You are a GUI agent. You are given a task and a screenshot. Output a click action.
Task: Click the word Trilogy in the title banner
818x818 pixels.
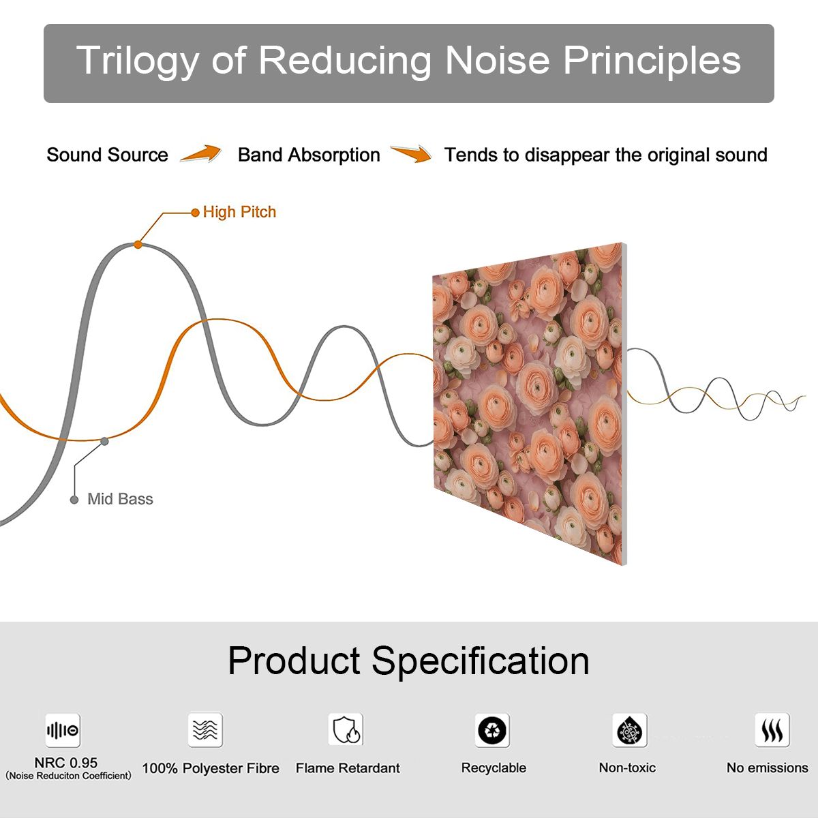click(138, 60)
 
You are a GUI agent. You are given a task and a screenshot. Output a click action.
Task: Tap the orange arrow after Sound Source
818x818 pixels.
click(200, 153)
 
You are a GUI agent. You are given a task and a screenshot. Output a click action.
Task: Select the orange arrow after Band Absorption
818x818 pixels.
click(411, 153)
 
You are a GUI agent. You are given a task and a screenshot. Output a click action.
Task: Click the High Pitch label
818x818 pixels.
click(239, 212)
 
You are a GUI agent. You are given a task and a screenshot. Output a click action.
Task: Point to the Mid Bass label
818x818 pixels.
click(120, 499)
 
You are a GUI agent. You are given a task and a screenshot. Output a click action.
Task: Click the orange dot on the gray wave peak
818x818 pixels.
click(138, 245)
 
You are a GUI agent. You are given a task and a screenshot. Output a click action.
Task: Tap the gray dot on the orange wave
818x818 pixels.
click(104, 442)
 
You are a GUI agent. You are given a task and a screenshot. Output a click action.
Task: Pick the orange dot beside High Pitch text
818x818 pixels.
click(195, 213)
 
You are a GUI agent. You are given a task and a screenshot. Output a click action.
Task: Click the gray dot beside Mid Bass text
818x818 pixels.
click(74, 500)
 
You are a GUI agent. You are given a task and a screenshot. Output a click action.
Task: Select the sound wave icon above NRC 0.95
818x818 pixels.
click(63, 730)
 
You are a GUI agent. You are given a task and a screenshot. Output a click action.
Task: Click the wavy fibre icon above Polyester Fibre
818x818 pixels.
click(205, 729)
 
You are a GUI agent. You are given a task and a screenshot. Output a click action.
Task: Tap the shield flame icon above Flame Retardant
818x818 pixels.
click(346, 729)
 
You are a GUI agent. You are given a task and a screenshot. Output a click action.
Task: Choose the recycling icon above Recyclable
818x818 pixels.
click(492, 730)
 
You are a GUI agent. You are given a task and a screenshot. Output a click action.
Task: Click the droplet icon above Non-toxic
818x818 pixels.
click(630, 730)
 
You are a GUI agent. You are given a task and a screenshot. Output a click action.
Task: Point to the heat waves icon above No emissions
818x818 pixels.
click(772, 729)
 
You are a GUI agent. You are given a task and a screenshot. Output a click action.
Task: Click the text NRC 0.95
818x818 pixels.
click(66, 763)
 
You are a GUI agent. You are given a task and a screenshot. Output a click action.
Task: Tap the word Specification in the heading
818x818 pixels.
click(481, 661)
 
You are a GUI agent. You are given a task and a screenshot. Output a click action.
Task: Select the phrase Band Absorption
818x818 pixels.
click(309, 155)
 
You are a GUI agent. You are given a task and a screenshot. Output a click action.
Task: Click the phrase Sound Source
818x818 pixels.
click(108, 155)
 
